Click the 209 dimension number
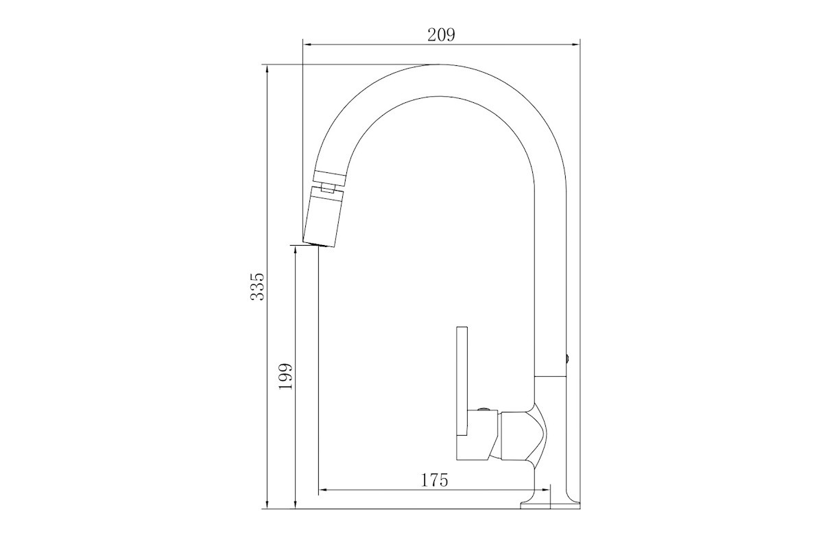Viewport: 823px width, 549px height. coord(441,34)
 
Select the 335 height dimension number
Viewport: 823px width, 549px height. coord(257,287)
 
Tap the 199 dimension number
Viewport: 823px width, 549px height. coord(286,377)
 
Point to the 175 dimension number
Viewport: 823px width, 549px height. coord(434,480)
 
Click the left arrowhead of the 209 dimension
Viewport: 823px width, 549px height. coord(307,45)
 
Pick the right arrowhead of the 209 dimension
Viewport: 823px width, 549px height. coord(575,45)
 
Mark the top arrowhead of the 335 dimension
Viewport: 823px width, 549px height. coord(267,69)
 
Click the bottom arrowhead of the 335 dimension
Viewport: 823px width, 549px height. coord(267,504)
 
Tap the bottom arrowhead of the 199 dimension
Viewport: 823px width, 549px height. coord(296,504)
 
